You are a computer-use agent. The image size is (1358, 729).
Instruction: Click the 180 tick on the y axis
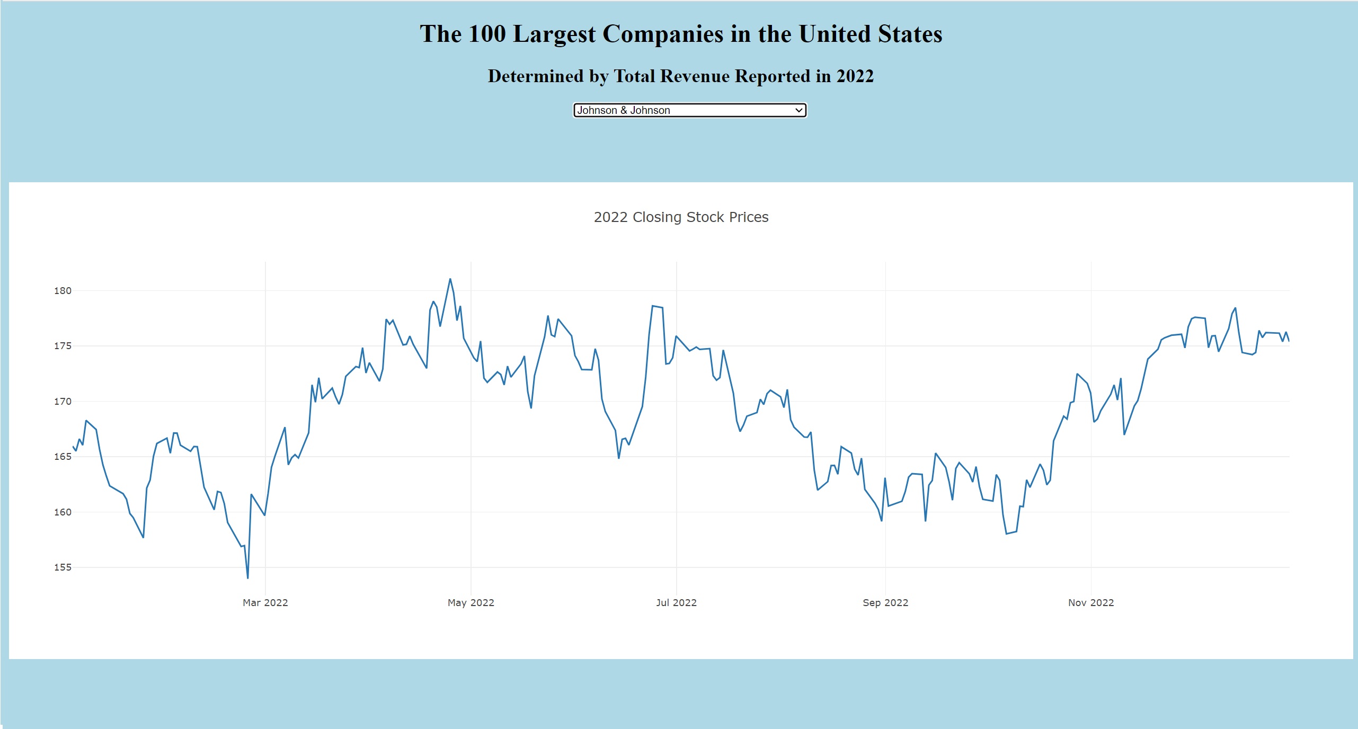(x=63, y=291)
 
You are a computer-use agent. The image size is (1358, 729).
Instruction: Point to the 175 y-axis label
(x=63, y=346)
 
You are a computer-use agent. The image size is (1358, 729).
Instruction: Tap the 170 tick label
(x=63, y=402)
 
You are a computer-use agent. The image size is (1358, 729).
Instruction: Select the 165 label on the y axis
(x=63, y=457)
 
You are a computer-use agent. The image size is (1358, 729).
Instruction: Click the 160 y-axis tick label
(x=63, y=512)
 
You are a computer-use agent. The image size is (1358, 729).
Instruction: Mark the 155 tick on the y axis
(x=63, y=567)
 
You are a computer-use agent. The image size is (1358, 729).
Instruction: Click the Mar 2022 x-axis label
(x=265, y=603)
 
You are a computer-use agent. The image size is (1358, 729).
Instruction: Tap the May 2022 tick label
(x=471, y=603)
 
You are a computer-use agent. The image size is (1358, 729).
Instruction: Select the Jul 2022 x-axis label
(x=676, y=603)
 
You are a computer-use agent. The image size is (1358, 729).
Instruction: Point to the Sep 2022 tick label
(x=885, y=603)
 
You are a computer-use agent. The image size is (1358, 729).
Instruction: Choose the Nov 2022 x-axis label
(x=1091, y=603)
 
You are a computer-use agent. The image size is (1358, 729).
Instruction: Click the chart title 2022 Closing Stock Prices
(x=681, y=217)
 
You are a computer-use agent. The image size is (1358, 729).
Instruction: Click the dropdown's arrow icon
(x=798, y=110)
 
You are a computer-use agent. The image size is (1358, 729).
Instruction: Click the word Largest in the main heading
(x=555, y=34)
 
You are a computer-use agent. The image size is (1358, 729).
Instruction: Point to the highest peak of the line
(x=450, y=279)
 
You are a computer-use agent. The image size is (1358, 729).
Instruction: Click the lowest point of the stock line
(x=247, y=578)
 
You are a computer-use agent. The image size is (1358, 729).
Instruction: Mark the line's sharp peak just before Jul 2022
(x=653, y=306)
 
